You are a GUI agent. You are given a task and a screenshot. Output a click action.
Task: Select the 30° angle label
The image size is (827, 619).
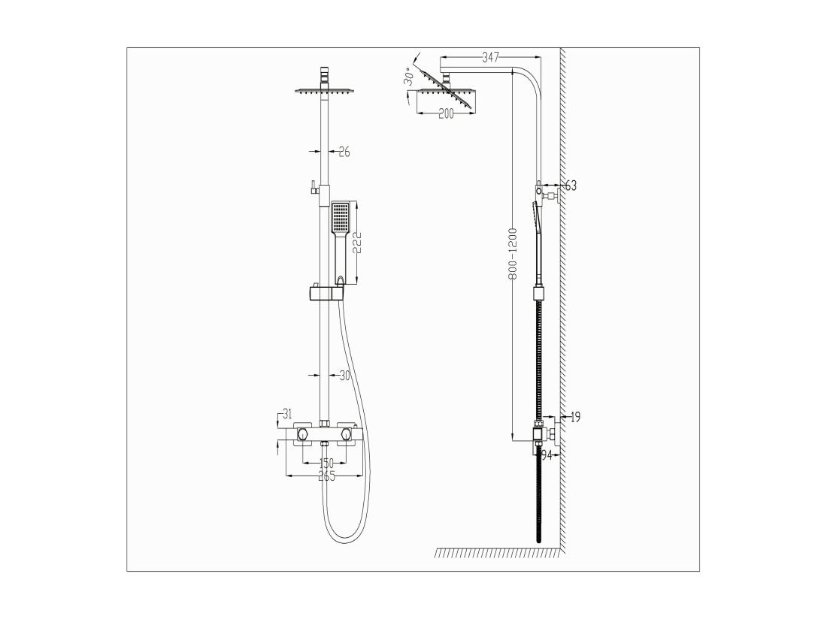(x=408, y=77)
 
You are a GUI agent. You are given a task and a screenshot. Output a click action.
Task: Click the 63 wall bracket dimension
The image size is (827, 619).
(x=571, y=186)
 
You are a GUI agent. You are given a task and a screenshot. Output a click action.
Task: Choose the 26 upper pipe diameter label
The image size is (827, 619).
(x=344, y=152)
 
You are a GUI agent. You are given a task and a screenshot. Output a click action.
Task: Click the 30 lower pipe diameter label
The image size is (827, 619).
(x=344, y=376)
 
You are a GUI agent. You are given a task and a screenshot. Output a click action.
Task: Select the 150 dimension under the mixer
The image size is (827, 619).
(x=327, y=463)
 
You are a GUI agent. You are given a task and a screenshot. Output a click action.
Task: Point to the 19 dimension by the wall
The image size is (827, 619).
(x=574, y=417)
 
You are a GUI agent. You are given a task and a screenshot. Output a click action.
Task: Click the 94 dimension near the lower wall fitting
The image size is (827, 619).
(x=547, y=455)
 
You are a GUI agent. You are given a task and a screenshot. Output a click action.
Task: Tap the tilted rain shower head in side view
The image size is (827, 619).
(x=447, y=89)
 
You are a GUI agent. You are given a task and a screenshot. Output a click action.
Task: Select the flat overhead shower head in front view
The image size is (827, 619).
(x=325, y=92)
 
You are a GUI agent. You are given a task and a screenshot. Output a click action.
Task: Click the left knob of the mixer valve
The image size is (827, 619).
(x=303, y=434)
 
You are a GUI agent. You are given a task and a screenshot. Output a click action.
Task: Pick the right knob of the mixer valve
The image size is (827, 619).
(x=346, y=434)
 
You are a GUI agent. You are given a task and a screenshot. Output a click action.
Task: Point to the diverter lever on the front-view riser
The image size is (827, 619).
(x=311, y=187)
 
